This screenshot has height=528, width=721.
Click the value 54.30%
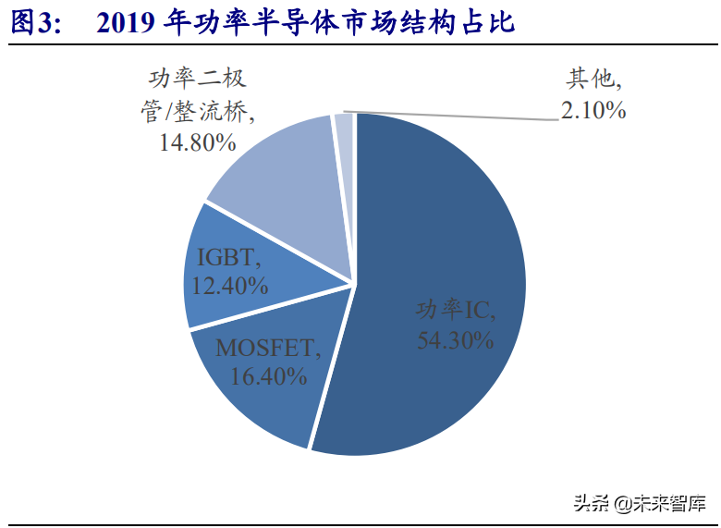(456, 339)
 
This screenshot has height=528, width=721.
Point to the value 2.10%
(593, 111)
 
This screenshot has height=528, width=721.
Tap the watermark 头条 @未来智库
(639, 504)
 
